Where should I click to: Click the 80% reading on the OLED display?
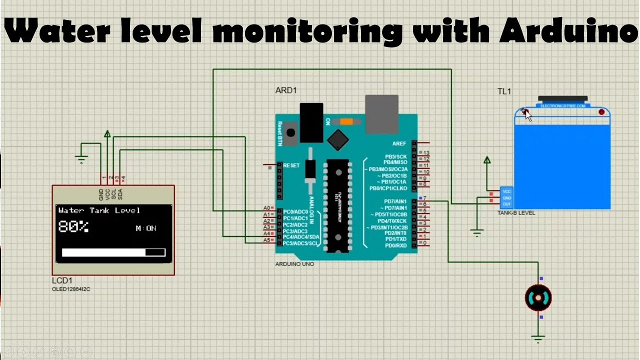[x=73, y=227]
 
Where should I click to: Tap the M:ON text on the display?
[x=146, y=228]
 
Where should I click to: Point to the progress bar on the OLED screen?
[x=113, y=252]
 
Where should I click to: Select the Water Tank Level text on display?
[x=99, y=210]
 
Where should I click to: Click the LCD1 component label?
[x=62, y=280]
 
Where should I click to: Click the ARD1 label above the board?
[x=286, y=90]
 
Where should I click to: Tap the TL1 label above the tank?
[x=504, y=91]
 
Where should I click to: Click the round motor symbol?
[x=538, y=298]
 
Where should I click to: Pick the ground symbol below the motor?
[x=538, y=339]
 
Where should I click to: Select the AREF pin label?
[x=399, y=143]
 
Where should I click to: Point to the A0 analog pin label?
[x=266, y=208]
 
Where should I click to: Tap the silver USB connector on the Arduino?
[x=381, y=114]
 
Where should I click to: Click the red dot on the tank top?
[x=601, y=112]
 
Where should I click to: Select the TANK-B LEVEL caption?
[x=516, y=213]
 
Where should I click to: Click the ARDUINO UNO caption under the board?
[x=294, y=264]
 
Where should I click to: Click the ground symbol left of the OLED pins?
[x=81, y=159]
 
